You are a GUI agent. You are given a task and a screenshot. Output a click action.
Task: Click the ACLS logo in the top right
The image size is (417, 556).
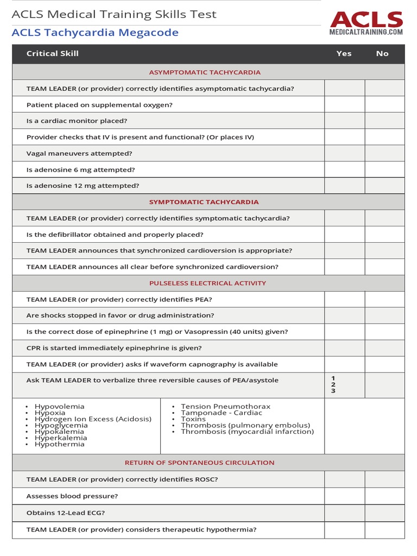coord(367,23)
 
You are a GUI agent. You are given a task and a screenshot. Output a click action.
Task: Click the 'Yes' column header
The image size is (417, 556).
coord(344,53)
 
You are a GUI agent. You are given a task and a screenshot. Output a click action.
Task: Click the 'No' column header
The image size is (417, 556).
coord(382,53)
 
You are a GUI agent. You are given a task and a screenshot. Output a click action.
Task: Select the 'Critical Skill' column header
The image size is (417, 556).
coord(53,53)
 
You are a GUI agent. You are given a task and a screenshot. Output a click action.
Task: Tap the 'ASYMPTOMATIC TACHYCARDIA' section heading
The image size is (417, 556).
coord(205,72)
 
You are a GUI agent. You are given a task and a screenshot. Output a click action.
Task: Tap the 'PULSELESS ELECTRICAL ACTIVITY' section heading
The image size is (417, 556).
coord(207,283)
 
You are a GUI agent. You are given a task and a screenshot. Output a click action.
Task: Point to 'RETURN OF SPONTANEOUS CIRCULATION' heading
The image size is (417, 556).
coord(199,463)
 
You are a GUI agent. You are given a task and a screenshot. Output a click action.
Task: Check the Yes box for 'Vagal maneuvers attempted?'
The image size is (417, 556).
coord(344,154)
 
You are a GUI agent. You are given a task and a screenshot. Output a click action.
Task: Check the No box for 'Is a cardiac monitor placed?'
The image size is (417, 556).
coord(384,121)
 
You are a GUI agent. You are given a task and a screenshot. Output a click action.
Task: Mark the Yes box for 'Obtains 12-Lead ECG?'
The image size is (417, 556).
coord(344,513)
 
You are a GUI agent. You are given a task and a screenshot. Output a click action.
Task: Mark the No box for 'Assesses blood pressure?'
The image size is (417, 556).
coord(384,496)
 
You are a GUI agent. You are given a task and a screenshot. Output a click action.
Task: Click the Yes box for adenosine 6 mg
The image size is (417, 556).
coord(344,170)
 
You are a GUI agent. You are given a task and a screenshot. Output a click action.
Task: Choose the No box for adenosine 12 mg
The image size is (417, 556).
coord(384,186)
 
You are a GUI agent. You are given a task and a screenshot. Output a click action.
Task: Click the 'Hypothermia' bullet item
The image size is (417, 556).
coord(59,444)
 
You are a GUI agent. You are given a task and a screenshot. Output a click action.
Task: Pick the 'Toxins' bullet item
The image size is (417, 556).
coord(193,419)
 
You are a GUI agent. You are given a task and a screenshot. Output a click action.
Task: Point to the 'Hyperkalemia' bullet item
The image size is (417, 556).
coord(60,438)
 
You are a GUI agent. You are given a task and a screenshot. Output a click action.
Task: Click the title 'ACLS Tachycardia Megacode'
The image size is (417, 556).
coord(95,33)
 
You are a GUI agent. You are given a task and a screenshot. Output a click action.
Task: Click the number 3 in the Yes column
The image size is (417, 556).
coord(333,391)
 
